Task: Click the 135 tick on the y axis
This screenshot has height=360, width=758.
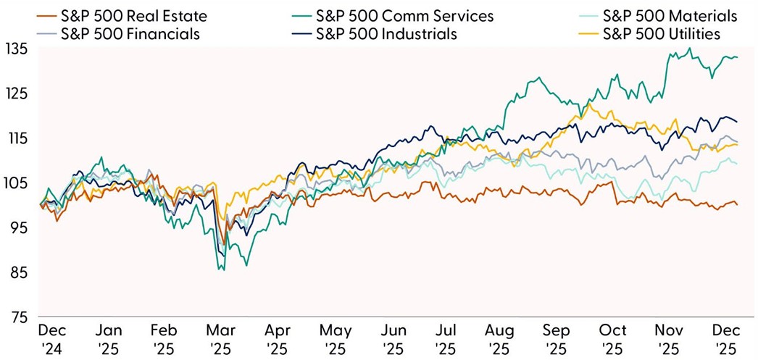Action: click(x=16, y=49)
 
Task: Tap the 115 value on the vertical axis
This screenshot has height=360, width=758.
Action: click(x=16, y=138)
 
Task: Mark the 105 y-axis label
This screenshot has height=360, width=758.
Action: click(x=16, y=183)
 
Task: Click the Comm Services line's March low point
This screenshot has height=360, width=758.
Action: click(x=221, y=270)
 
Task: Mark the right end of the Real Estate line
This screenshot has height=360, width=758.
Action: click(x=738, y=205)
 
